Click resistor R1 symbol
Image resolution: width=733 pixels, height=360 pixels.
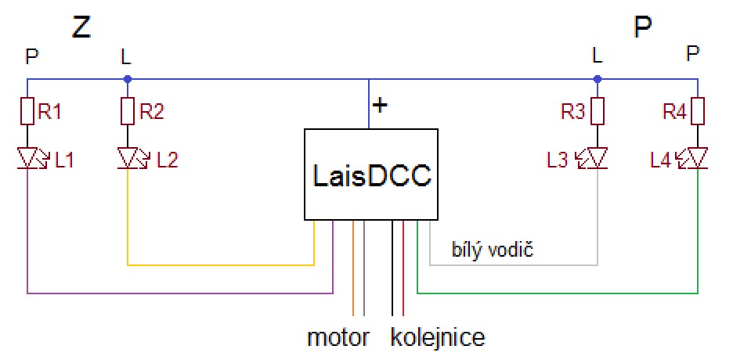28,112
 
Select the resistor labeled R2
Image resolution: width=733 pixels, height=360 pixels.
128,112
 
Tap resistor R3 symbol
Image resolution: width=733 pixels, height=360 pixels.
598,112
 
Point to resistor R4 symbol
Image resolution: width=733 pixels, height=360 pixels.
698,112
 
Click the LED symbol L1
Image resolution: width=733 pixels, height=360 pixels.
28,160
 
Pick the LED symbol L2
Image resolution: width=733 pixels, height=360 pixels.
128,160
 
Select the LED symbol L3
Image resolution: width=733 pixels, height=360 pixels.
598,160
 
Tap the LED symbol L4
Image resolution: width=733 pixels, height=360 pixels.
698,160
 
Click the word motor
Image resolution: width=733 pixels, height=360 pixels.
338,338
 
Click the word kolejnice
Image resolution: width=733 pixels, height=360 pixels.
438,338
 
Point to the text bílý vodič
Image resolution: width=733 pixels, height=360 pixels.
493,250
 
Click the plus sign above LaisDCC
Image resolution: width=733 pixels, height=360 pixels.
380,105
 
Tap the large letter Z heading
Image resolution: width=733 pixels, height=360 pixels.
81,28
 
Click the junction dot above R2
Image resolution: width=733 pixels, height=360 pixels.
128,78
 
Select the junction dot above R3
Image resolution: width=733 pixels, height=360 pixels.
598,78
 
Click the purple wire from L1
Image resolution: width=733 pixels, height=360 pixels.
180,293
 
